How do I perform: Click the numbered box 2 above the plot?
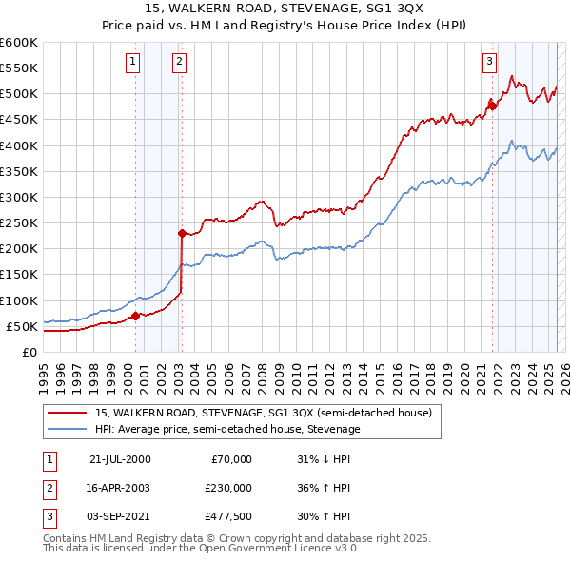click(179, 63)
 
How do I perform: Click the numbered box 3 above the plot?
click(489, 63)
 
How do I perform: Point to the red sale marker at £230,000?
click(182, 232)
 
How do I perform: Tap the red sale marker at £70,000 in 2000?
click(135, 316)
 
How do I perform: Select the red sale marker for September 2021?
click(492, 105)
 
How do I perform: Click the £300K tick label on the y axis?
click(19, 197)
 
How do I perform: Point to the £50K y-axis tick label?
click(23, 326)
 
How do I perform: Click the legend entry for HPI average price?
click(227, 429)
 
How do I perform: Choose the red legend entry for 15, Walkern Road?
click(264, 413)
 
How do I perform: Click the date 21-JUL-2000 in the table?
click(120, 459)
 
